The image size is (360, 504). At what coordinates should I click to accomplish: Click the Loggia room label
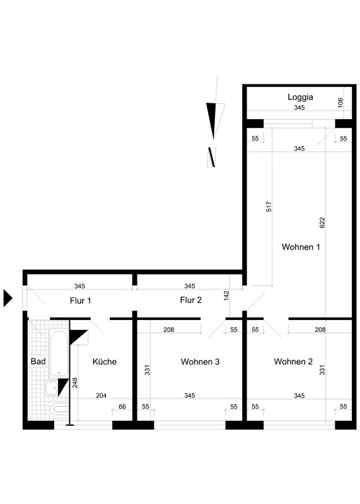[300, 97]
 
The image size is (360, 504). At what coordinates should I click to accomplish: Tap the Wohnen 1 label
[301, 247]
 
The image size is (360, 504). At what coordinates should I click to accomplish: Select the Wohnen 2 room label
[293, 362]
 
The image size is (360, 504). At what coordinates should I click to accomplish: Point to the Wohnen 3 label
[200, 362]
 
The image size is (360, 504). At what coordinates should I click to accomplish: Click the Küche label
[104, 362]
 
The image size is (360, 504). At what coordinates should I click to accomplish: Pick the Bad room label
[38, 361]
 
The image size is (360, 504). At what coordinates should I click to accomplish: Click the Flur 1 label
[81, 301]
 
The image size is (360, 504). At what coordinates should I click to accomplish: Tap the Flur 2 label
[191, 300]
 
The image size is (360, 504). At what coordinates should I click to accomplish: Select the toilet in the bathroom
[59, 409]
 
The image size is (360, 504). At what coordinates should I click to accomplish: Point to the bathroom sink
[52, 388]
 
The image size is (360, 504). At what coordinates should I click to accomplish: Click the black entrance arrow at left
[8, 298]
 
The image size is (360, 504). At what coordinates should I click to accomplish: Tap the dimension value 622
[322, 223]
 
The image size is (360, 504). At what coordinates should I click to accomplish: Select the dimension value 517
[269, 207]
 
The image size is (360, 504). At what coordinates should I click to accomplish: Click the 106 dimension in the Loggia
[340, 103]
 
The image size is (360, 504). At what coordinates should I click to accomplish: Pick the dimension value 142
[226, 295]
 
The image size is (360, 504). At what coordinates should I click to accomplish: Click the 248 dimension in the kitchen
[75, 383]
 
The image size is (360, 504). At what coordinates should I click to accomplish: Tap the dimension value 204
[101, 396]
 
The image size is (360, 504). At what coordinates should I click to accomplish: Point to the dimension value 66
[122, 406]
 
